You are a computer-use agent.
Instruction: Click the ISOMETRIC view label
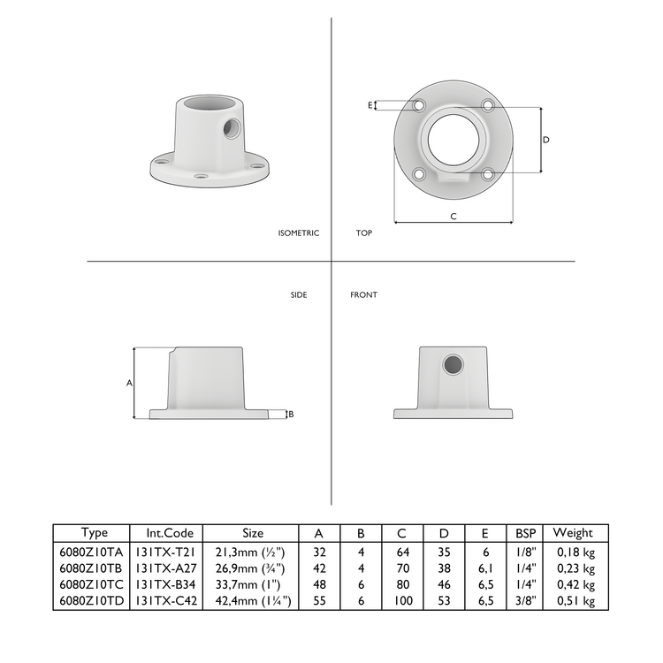pyautogui.click(x=298, y=233)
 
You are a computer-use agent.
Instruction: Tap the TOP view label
pyautogui.click(x=363, y=233)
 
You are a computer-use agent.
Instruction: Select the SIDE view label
pyautogui.click(x=299, y=294)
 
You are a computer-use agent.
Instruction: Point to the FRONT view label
pyautogui.click(x=363, y=294)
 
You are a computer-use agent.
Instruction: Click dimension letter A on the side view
pyautogui.click(x=129, y=384)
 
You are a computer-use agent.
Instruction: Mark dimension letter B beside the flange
pyautogui.click(x=291, y=414)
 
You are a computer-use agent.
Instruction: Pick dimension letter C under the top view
pyautogui.click(x=453, y=216)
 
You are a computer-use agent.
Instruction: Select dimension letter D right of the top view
pyautogui.click(x=545, y=140)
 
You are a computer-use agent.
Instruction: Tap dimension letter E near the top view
pyautogui.click(x=370, y=105)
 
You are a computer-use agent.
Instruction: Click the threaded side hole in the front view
pyautogui.click(x=453, y=364)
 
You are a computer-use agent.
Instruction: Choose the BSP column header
pyautogui.click(x=524, y=533)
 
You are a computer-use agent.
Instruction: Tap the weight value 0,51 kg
pyautogui.click(x=575, y=600)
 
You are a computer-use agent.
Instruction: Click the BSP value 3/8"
pyautogui.click(x=524, y=600)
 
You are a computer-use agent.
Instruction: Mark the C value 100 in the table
pyautogui.click(x=402, y=600)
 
